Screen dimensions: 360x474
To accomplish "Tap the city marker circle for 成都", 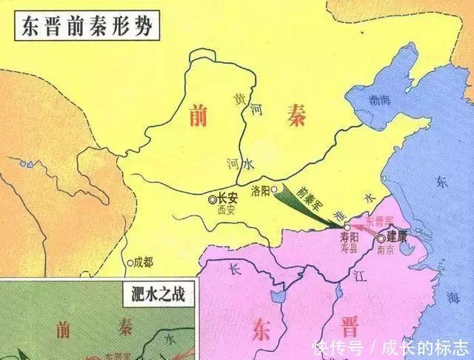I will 130,262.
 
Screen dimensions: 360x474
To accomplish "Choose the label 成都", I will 143,262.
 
